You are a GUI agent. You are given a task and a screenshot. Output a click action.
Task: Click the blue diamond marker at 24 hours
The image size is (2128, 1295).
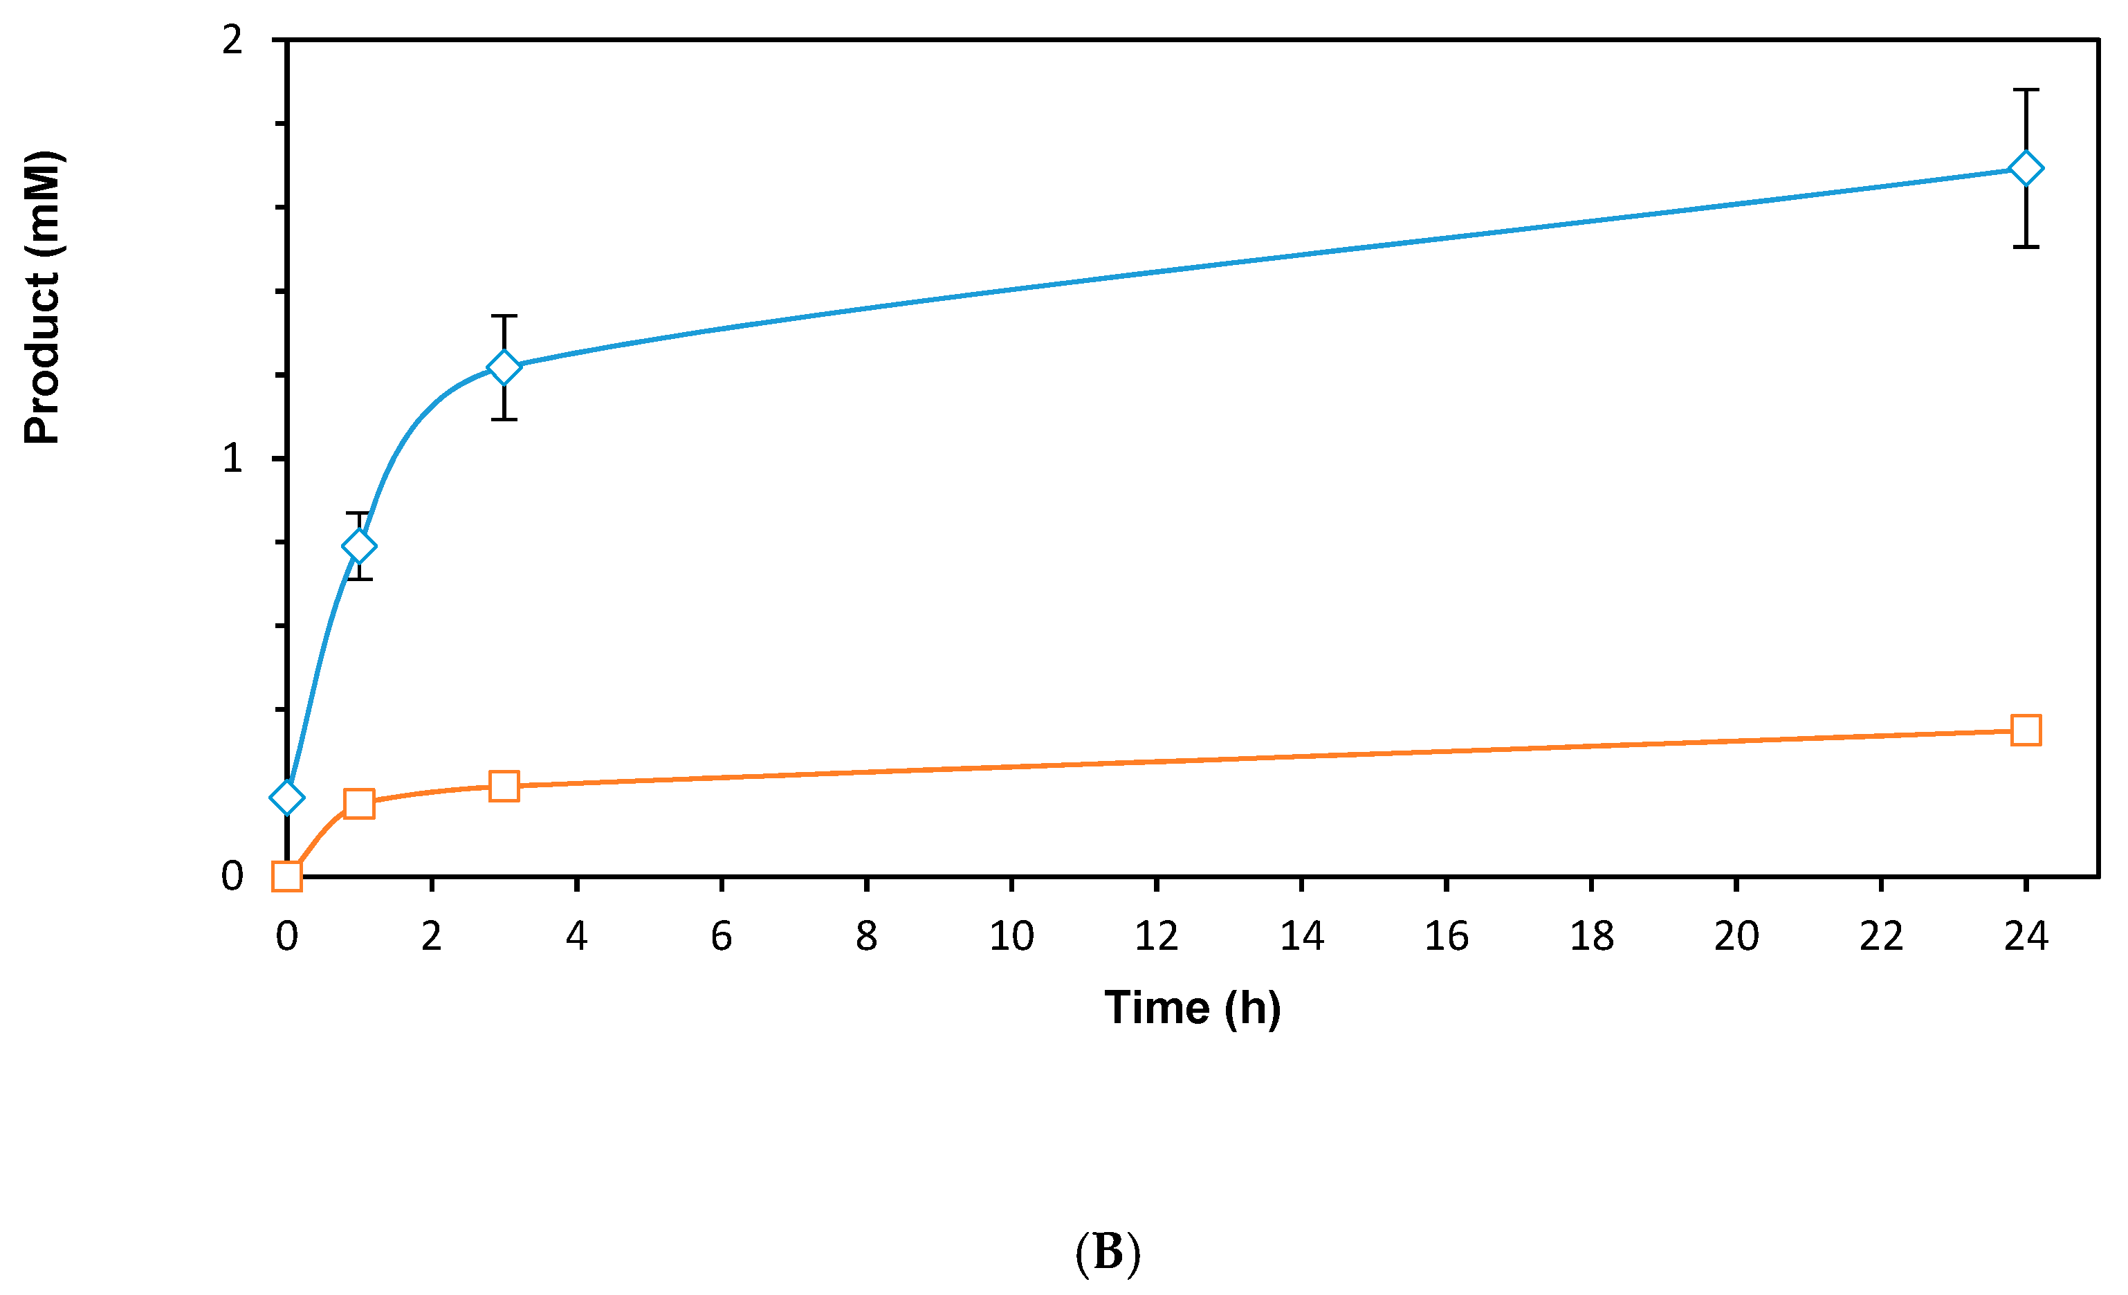pyautogui.click(x=2026, y=168)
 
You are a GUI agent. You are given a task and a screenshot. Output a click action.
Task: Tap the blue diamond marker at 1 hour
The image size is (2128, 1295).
pyautogui.click(x=359, y=547)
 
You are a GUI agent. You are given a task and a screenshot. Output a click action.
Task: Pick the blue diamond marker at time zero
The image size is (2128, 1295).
pyautogui.click(x=286, y=798)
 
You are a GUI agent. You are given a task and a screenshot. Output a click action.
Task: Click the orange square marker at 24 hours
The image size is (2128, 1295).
pyautogui.click(x=2026, y=731)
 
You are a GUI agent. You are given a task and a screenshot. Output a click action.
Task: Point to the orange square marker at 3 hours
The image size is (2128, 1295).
pyautogui.click(x=504, y=787)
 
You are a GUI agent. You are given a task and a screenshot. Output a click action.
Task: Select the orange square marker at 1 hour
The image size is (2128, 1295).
pyautogui.click(x=359, y=804)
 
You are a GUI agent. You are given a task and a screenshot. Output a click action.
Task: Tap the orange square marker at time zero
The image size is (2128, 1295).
pyautogui.click(x=286, y=876)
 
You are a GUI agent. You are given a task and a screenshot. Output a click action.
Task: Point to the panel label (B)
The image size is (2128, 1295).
pyautogui.click(x=1108, y=1252)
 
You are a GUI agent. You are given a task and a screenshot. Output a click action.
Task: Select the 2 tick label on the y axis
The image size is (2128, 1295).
pyautogui.click(x=232, y=39)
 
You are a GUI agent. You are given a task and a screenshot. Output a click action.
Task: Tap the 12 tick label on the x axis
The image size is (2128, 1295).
pyautogui.click(x=1157, y=937)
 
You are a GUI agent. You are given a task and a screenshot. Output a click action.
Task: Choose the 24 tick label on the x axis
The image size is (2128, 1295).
pyautogui.click(x=2026, y=937)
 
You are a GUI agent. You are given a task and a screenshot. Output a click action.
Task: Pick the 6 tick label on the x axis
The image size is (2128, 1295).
pyautogui.click(x=722, y=937)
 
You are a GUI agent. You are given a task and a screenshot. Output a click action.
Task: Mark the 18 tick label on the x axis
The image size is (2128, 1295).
pyautogui.click(x=1592, y=937)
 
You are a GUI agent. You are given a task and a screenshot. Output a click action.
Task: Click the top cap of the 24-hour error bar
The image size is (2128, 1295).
pyautogui.click(x=2026, y=90)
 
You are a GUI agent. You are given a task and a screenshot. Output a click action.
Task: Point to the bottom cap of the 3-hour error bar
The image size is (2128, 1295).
pyautogui.click(x=504, y=420)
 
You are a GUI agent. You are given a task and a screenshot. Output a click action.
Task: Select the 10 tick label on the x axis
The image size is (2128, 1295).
pyautogui.click(x=1011, y=937)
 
